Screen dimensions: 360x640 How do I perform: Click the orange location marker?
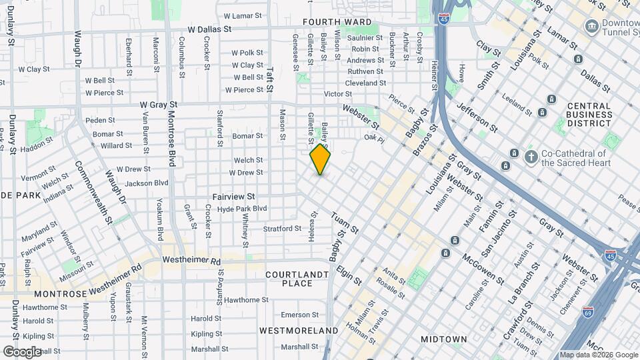click(321, 159)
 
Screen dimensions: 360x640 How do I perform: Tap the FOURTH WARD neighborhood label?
click(337, 22)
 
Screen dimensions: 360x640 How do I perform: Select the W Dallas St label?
click(209, 30)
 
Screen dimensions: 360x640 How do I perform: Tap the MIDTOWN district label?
click(444, 339)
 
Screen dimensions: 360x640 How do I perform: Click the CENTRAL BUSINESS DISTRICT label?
click(589, 115)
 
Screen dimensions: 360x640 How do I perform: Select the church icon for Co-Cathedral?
click(531, 157)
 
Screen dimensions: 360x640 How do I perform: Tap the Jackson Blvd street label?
click(147, 183)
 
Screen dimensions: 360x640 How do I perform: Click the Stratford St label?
click(281, 229)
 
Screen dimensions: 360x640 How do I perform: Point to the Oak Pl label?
click(375, 139)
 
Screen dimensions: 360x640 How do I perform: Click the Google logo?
click(22, 351)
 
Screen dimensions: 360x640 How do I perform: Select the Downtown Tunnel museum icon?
click(591, 27)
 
